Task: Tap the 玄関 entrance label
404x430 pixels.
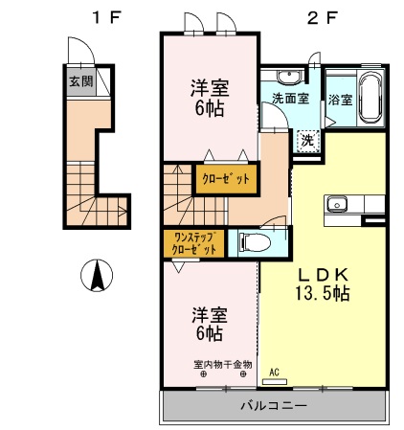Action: pos(80,81)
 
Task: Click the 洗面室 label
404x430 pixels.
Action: pos(288,99)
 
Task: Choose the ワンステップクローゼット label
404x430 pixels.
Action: pos(193,243)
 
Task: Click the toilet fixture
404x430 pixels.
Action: pos(251,241)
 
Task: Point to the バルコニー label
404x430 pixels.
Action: pos(273,406)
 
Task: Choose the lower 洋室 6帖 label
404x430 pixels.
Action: pos(208,323)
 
